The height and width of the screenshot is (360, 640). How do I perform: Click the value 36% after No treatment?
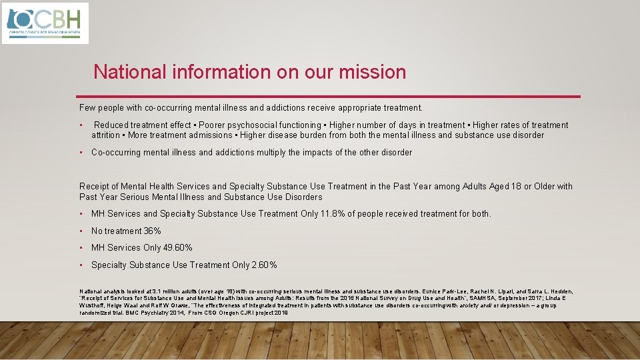(x=152, y=231)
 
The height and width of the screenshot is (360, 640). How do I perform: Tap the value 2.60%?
(x=264, y=265)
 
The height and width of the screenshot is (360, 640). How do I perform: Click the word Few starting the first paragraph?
(x=87, y=107)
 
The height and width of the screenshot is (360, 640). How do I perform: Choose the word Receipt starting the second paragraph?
(x=94, y=187)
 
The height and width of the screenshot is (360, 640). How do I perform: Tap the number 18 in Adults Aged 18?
(x=515, y=187)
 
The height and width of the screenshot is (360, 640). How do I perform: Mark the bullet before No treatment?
(x=81, y=231)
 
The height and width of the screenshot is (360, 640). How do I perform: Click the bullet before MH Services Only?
(x=81, y=248)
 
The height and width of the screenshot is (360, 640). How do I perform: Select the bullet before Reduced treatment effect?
(x=81, y=125)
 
